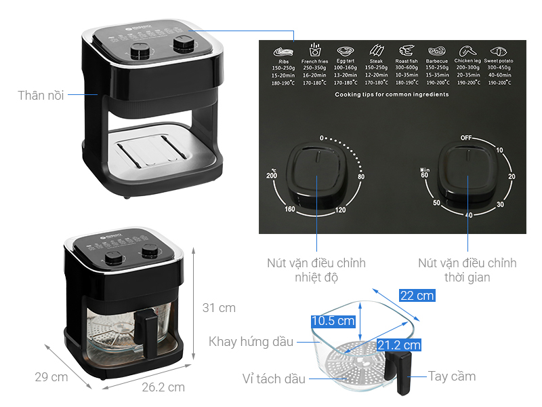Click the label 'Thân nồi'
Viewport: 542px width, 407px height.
[41, 96]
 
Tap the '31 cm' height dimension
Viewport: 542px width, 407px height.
[219, 308]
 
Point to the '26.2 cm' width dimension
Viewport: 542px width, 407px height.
[163, 387]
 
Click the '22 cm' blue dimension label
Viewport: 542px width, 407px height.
[417, 295]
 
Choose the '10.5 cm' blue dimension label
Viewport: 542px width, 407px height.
[333, 321]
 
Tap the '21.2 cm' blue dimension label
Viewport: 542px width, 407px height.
[398, 345]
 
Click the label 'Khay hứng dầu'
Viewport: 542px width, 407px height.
[251, 342]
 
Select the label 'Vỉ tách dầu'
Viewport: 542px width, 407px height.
[274, 379]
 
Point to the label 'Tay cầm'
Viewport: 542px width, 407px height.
[451, 376]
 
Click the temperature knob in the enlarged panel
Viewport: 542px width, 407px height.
[317, 178]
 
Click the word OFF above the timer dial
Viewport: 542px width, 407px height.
[466, 138]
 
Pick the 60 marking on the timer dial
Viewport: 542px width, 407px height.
[425, 176]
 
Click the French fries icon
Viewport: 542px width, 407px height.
[315, 51]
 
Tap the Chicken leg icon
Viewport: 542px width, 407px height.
[465, 51]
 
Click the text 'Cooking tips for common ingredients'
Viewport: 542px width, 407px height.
[392, 95]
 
